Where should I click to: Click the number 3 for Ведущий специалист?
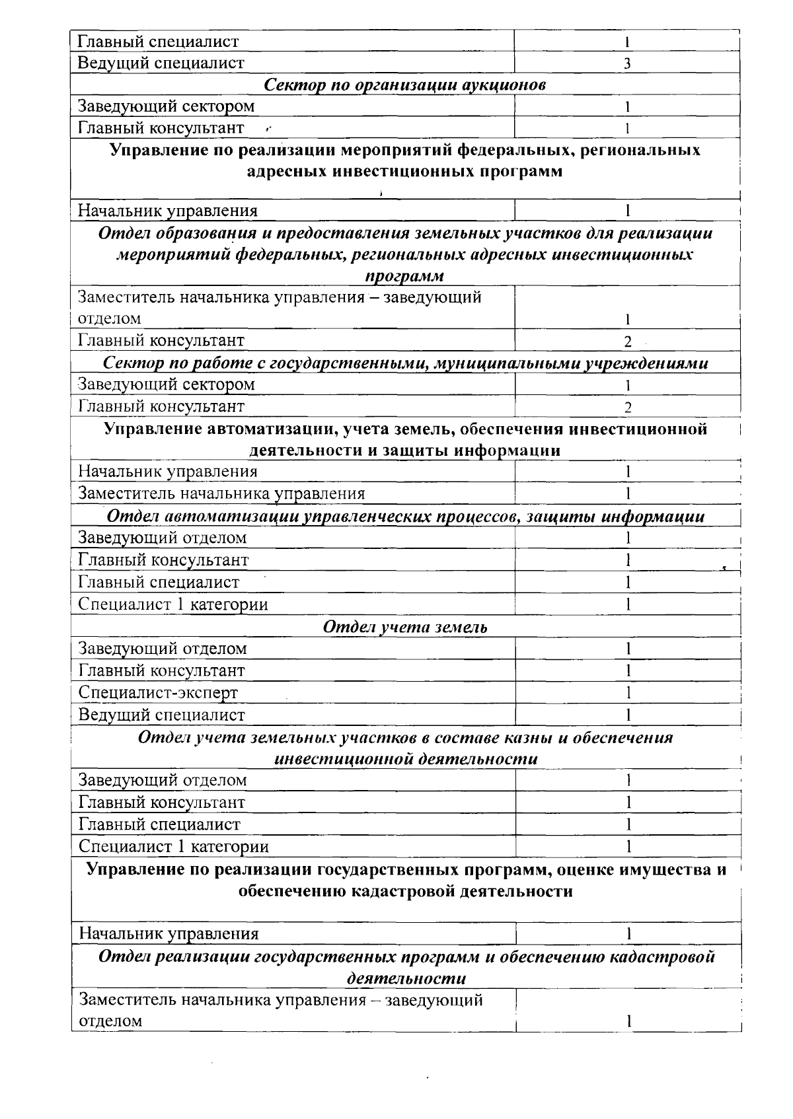[x=626, y=63]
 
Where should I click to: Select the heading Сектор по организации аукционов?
[x=404, y=85]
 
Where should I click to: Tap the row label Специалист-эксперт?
[x=158, y=692]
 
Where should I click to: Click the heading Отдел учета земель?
[x=404, y=627]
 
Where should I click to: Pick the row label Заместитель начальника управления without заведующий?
[x=221, y=493]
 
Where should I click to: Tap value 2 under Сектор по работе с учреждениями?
[x=628, y=407]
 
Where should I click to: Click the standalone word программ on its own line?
[x=404, y=275]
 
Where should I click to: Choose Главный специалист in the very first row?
[x=158, y=42]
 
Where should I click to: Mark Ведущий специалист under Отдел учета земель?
[x=161, y=715]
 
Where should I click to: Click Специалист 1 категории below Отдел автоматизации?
[x=173, y=604]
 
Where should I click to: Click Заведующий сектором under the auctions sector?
[x=166, y=106]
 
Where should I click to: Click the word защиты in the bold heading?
[x=410, y=451]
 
